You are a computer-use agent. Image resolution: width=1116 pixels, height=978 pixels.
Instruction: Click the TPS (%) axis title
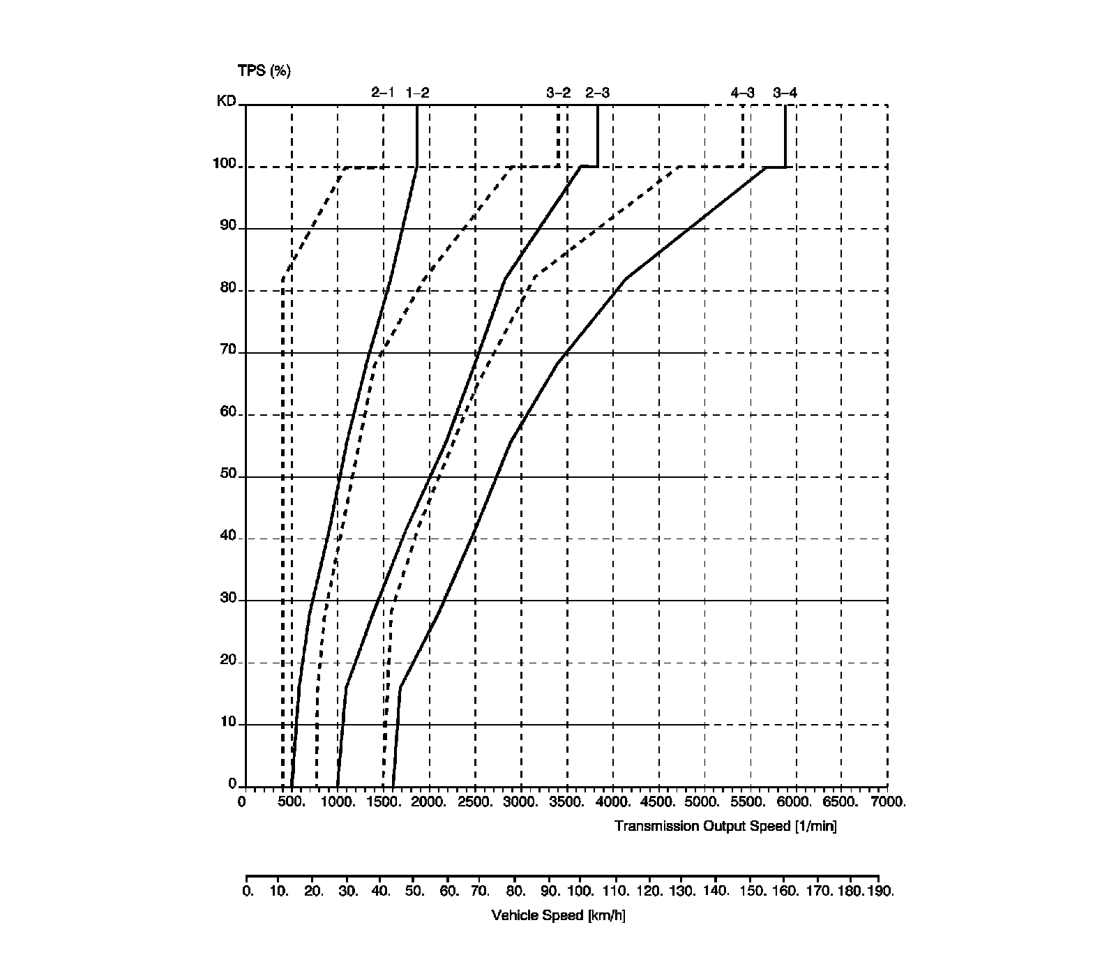pyautogui.click(x=264, y=70)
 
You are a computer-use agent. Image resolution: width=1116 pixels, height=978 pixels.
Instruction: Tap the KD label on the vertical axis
pyautogui.click(x=226, y=101)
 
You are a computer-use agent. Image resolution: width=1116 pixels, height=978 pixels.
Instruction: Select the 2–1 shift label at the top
pyautogui.click(x=383, y=92)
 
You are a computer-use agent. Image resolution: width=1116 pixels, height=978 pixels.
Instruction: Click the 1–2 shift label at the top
pyautogui.click(x=418, y=92)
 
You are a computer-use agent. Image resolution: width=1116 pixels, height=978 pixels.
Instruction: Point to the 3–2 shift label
pyautogui.click(x=558, y=92)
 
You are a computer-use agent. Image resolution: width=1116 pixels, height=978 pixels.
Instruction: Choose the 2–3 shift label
pyautogui.click(x=597, y=92)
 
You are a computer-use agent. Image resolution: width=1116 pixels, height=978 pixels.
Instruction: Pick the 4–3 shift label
pyautogui.click(x=742, y=92)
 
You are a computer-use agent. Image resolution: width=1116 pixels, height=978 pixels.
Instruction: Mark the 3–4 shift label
pyautogui.click(x=785, y=92)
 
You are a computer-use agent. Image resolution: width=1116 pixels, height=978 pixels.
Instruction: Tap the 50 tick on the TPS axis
pyautogui.click(x=228, y=474)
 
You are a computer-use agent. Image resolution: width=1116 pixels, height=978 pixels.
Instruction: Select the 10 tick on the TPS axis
pyautogui.click(x=228, y=721)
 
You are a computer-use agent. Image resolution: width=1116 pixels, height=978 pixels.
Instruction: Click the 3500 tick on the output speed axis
pyautogui.click(x=566, y=802)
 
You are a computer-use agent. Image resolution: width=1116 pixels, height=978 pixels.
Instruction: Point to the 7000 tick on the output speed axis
pyautogui.click(x=887, y=802)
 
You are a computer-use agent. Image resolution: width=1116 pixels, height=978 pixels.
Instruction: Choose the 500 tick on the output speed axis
pyautogui.click(x=292, y=802)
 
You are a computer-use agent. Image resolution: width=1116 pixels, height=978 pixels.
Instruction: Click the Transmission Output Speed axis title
pyautogui.click(x=725, y=827)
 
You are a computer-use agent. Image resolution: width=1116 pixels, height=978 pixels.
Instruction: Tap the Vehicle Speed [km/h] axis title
pyautogui.click(x=558, y=915)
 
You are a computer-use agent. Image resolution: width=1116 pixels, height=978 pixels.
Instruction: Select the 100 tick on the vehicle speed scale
pyautogui.click(x=580, y=891)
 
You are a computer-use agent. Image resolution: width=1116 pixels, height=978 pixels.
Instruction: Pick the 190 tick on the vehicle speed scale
pyautogui.click(x=880, y=891)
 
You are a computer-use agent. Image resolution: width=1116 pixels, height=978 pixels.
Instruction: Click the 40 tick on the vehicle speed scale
pyautogui.click(x=381, y=891)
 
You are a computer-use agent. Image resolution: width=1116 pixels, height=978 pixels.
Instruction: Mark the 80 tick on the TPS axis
pyautogui.click(x=228, y=287)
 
